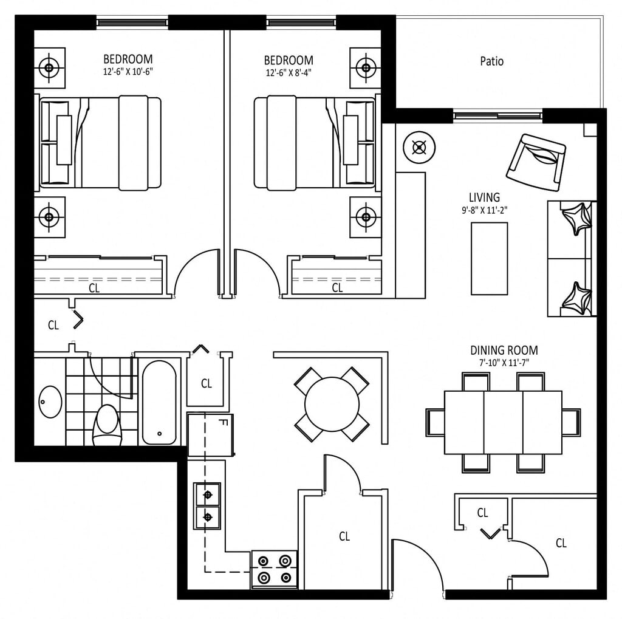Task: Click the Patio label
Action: [x=491, y=61]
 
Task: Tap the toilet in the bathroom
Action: [x=107, y=423]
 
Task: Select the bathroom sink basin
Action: [x=50, y=402]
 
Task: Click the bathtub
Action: [x=160, y=402]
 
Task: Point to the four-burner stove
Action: [x=275, y=569]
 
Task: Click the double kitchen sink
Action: [x=207, y=505]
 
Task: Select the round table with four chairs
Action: [x=332, y=404]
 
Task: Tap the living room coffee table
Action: [x=489, y=258]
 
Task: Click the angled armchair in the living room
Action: [x=536, y=161]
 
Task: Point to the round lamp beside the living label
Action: [x=419, y=147]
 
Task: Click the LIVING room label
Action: [x=484, y=197]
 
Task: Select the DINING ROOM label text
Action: [x=504, y=351]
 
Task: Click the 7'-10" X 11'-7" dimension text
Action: [x=504, y=363]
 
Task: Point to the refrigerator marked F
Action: [x=210, y=434]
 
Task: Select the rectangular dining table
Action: [x=503, y=422]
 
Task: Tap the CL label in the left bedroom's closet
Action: [x=94, y=288]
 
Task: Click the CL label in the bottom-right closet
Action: [x=561, y=543]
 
